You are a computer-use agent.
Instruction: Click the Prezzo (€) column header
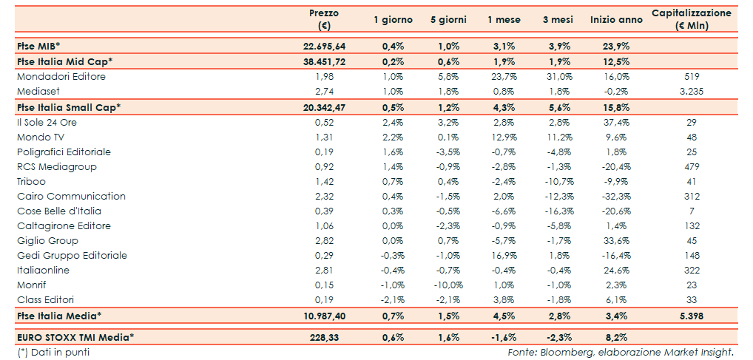click(x=323, y=19)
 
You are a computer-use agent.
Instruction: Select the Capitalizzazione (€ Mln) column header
click(x=692, y=19)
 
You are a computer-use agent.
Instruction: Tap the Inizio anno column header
click(x=612, y=20)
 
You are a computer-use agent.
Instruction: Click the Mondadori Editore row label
click(x=61, y=77)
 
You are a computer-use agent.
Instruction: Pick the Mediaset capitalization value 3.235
click(x=692, y=92)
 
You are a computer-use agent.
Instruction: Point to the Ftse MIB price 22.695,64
click(x=324, y=46)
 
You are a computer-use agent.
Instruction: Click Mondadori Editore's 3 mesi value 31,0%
click(x=558, y=77)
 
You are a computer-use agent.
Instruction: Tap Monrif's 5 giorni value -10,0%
click(x=446, y=285)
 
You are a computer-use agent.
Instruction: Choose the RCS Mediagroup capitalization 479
click(x=692, y=166)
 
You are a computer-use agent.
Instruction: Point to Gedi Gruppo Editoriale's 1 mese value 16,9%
click(x=502, y=255)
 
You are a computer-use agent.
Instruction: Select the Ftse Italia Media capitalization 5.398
click(x=692, y=316)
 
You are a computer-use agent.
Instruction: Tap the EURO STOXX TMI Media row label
click(x=75, y=337)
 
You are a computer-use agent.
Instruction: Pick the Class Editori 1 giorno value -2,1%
click(x=392, y=299)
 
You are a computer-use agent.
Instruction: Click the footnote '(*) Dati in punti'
click(x=53, y=352)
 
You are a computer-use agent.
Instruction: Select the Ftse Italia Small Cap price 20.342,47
click(x=324, y=107)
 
